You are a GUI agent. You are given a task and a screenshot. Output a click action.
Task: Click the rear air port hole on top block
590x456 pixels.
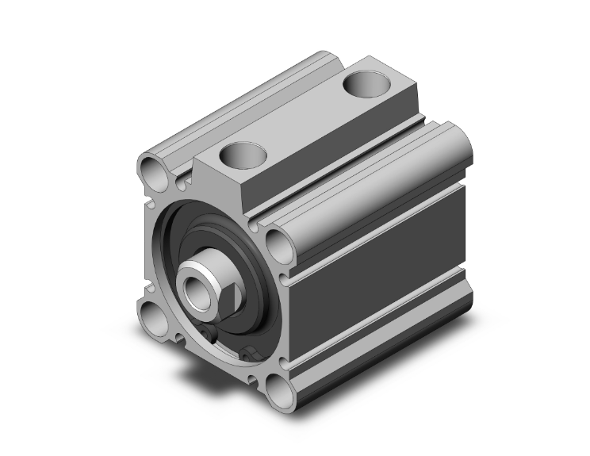coord(366,82)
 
